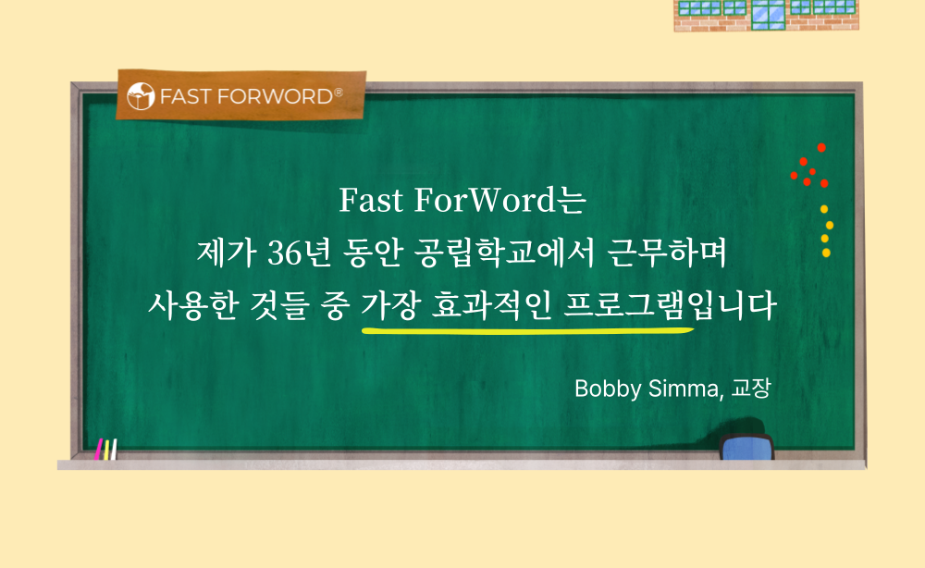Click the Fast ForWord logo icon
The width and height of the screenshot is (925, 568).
[141, 96]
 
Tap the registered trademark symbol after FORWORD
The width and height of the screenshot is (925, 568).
[338, 92]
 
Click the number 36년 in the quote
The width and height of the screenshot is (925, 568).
[299, 253]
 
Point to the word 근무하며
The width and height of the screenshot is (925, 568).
[667, 253]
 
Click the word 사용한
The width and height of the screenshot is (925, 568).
[192, 305]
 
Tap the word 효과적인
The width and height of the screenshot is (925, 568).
[492, 305]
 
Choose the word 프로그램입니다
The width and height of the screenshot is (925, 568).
[670, 305]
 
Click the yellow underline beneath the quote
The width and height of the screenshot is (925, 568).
[528, 330]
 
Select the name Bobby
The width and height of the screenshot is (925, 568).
[608, 389]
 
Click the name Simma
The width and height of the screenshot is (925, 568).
[684, 389]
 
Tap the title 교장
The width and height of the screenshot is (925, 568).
[751, 389]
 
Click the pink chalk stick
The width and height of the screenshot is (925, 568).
[99, 449]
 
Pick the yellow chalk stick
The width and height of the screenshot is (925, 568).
[106, 450]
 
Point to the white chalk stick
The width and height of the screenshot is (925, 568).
[113, 450]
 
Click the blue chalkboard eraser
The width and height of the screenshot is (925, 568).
[746, 447]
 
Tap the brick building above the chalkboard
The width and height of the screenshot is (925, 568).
[766, 16]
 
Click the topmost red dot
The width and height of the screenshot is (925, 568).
[821, 147]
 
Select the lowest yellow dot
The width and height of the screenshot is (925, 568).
[826, 253]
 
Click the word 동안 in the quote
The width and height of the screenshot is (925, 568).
[372, 253]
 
